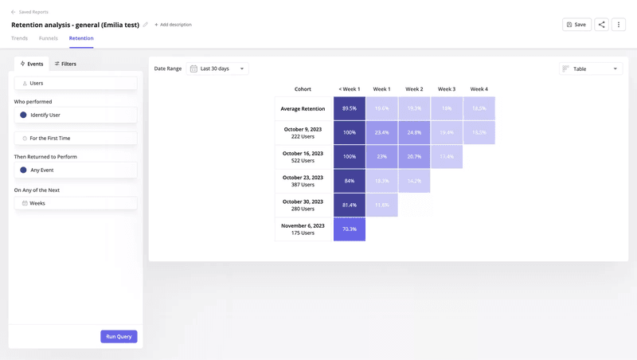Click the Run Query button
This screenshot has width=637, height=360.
pyautogui.click(x=119, y=336)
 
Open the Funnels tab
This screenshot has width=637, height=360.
pyautogui.click(x=49, y=38)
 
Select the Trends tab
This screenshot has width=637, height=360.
pyautogui.click(x=19, y=38)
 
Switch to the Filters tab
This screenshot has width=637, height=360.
pyautogui.click(x=65, y=64)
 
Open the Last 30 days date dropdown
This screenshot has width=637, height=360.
pyautogui.click(x=217, y=68)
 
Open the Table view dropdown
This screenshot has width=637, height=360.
pyautogui.click(x=590, y=68)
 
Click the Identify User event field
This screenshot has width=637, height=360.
pyautogui.click(x=76, y=115)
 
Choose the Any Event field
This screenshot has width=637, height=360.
pyautogui.click(x=76, y=170)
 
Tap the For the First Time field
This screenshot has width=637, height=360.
pyautogui.click(x=76, y=138)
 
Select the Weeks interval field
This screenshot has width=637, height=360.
pyautogui.click(x=76, y=203)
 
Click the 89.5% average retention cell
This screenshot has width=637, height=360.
pyautogui.click(x=350, y=108)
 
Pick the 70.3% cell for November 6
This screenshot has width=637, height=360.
pyautogui.click(x=350, y=229)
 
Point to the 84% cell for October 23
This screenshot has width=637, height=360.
pyautogui.click(x=350, y=181)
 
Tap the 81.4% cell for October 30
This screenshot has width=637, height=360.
pyautogui.click(x=350, y=205)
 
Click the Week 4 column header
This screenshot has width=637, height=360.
pyautogui.click(x=479, y=89)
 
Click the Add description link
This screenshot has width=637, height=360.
pyautogui.click(x=173, y=25)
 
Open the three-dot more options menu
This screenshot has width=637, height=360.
pyautogui.click(x=619, y=25)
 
